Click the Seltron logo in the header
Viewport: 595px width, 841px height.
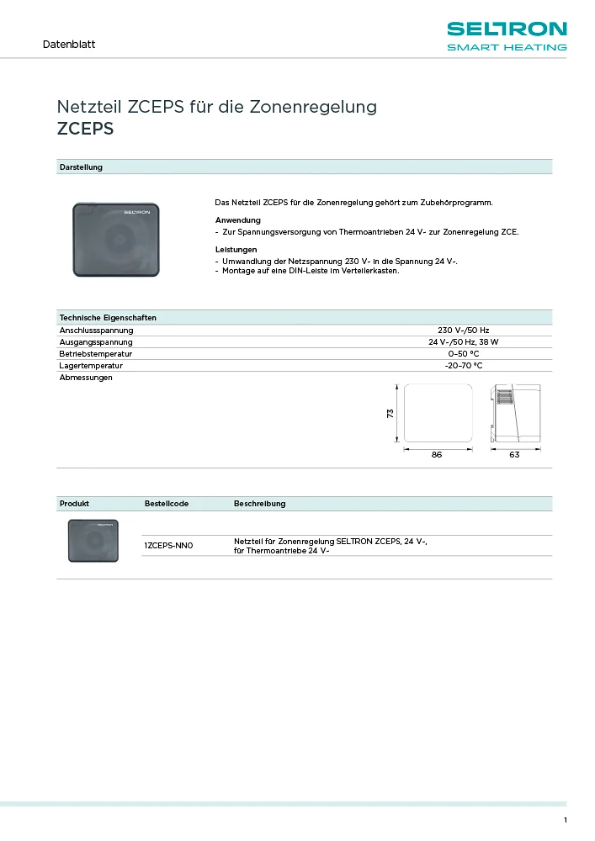[506, 36]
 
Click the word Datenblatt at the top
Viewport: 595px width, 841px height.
[69, 44]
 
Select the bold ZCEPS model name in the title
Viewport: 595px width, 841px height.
[85, 130]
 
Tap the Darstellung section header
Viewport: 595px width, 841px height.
[81, 167]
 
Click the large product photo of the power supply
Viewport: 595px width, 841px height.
[116, 240]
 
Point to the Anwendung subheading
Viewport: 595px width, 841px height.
[238, 220]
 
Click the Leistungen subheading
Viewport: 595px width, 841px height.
[236, 250]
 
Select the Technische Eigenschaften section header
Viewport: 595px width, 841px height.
[108, 318]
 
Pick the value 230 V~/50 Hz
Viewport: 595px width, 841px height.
[463, 330]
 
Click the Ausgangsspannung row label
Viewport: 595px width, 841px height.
[96, 342]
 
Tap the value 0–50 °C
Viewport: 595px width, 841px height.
[463, 354]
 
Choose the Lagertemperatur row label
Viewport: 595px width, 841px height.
[91, 366]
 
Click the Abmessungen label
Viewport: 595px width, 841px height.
[86, 378]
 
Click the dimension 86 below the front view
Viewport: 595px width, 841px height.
[437, 454]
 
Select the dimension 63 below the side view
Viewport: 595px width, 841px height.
[514, 454]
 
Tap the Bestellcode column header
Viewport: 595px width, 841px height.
[167, 504]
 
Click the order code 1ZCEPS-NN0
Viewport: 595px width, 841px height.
[169, 546]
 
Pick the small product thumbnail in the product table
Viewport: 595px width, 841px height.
[93, 540]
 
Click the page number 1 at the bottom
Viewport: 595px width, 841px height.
[566, 821]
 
